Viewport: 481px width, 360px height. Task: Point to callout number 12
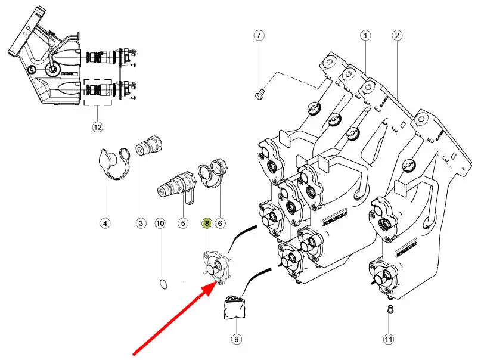coord(98,126)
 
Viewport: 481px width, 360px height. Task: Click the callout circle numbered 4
coord(105,224)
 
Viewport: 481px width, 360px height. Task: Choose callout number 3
coord(141,224)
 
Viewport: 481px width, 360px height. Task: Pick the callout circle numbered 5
coord(183,224)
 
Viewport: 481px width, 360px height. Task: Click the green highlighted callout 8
coord(207,224)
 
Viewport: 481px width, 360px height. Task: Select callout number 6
coord(220,224)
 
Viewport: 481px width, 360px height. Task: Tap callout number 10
coord(160,224)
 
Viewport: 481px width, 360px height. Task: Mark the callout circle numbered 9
coord(236,339)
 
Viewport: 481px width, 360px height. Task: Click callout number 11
coord(389,339)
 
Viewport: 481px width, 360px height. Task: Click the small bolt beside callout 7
coord(258,94)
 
